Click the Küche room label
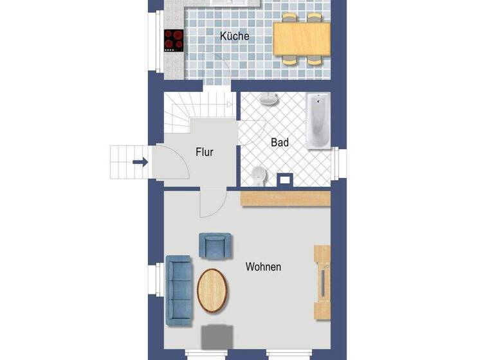coord(234,37)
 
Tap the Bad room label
coord(280,142)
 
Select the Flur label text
coord(205,152)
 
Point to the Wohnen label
coord(263,267)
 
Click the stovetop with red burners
coord(172,40)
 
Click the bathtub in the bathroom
coord(318,121)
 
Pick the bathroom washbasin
coord(269,100)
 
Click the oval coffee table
coord(212,291)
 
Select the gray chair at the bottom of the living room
coord(217,337)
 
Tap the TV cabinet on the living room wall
coord(322,282)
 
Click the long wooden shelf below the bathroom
coord(285,199)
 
